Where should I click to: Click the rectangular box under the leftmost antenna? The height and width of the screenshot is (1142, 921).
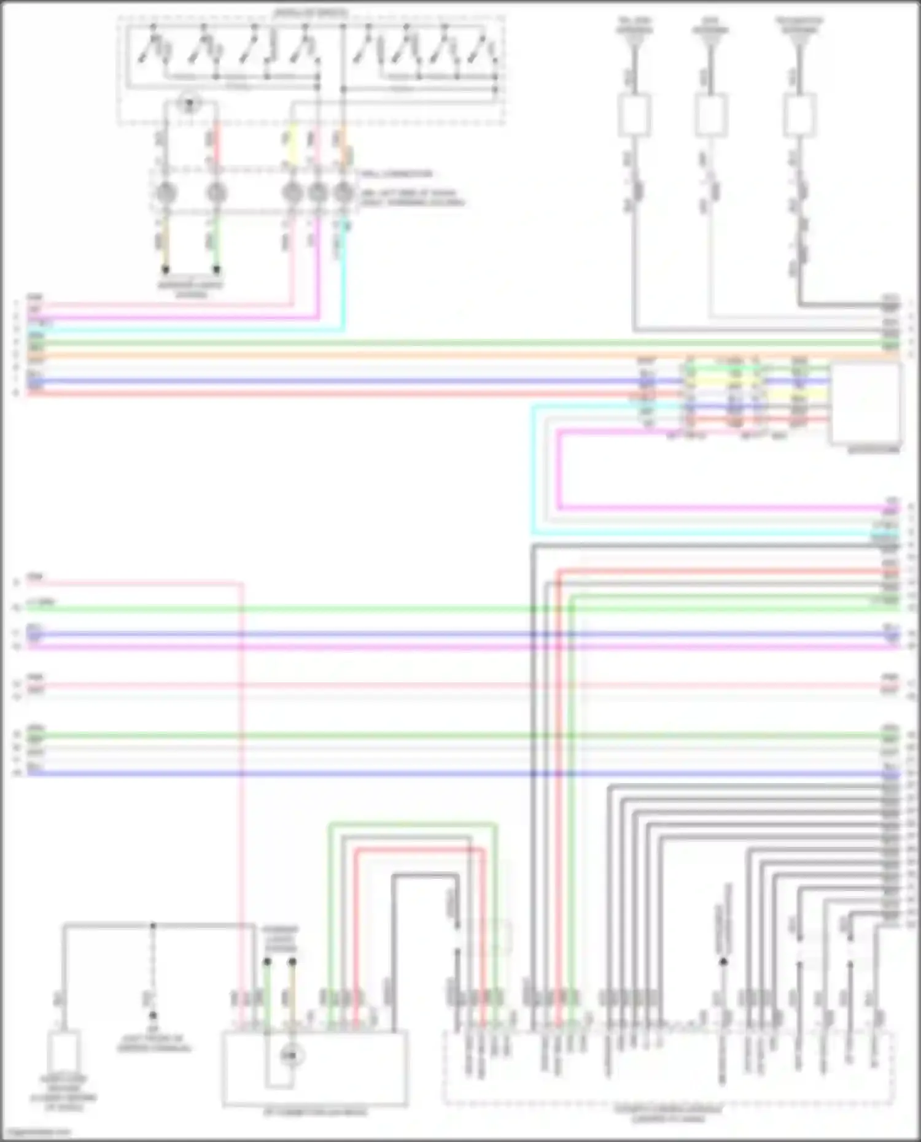pos(634,115)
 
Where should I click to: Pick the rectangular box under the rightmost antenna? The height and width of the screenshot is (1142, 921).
pos(799,115)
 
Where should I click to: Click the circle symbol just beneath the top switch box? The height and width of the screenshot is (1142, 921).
pos(189,104)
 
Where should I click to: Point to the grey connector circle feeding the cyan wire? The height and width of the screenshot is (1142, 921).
pos(343,193)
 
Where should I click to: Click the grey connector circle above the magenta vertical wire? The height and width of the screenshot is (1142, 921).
pos(317,193)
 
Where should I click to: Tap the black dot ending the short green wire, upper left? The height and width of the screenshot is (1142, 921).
pos(216,269)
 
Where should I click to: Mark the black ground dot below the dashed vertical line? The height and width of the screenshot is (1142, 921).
pos(153,1015)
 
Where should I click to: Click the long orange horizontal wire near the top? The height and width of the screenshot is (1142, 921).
pos(430,355)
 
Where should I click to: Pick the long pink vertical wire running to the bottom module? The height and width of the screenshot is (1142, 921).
pos(241,798)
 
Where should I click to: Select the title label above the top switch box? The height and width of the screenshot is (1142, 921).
pos(311,12)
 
